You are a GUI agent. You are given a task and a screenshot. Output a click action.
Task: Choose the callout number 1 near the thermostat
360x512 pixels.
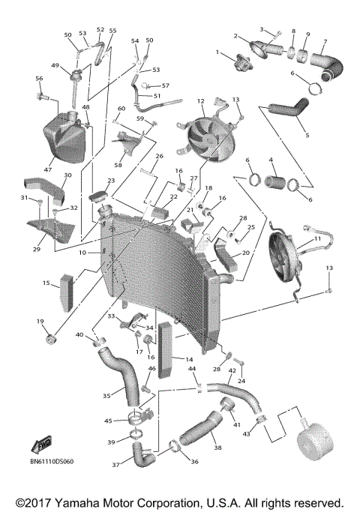pyautogui.click(x=218, y=52)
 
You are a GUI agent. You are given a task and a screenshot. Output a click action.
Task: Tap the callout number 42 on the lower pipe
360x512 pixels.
pyautogui.click(x=232, y=371)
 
